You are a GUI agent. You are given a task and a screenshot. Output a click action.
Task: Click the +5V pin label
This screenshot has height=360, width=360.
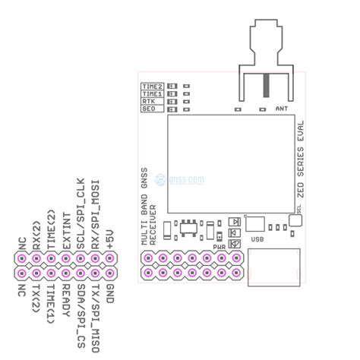point(111,237)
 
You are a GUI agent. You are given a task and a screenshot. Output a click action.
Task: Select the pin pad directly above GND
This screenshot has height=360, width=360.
point(111,273)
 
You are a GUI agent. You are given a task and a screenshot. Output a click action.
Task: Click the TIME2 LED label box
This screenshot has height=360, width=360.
point(153,86)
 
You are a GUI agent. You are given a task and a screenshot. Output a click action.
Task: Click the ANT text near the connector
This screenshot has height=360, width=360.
point(283,109)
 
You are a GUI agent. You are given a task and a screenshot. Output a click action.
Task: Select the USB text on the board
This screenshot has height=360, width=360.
point(256,238)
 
